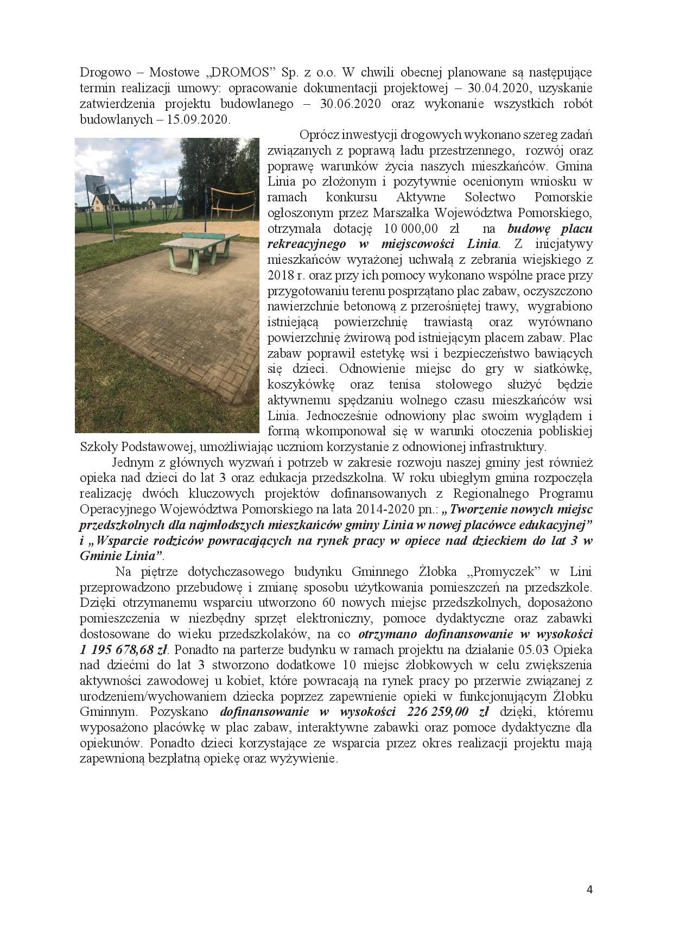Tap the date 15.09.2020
(199, 120)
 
